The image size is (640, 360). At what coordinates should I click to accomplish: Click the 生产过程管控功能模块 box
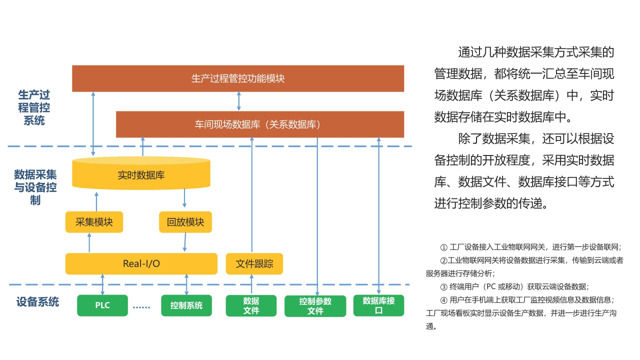238,78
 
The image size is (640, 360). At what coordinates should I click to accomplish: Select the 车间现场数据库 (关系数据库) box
259,124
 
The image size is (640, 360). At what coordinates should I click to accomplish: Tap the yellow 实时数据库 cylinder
141,174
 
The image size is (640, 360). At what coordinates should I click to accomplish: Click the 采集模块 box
94,222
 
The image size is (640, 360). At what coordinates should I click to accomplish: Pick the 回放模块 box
185,222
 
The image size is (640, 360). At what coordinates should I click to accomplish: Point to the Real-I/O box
141,263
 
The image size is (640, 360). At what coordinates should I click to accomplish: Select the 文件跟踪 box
254,263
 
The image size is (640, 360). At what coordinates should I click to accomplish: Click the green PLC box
102,305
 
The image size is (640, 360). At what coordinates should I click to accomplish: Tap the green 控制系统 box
186,305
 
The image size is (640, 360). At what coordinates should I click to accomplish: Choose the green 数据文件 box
251,305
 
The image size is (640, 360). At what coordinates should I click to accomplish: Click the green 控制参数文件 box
315,306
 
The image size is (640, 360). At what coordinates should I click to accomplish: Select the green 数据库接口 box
378,305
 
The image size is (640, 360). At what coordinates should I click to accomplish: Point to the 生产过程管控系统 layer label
34,107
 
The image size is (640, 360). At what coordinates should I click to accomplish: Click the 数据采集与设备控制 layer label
35,187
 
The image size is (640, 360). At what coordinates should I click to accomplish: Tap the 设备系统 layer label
37,302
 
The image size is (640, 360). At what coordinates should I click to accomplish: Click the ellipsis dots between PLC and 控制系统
142,306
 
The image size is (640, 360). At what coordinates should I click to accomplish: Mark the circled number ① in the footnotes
443,247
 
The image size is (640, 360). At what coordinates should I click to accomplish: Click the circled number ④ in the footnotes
443,300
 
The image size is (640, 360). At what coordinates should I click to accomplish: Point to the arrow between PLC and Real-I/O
102,284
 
